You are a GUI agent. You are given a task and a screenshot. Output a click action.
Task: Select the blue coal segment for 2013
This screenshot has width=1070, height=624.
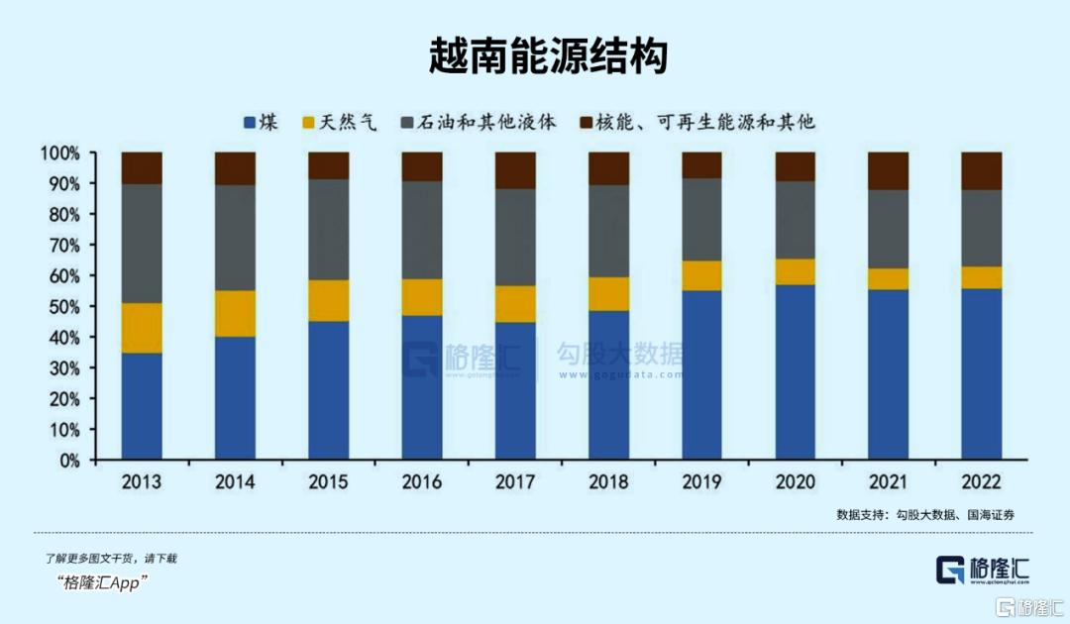142,406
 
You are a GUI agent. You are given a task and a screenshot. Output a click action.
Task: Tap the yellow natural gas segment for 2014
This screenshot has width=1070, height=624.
235,313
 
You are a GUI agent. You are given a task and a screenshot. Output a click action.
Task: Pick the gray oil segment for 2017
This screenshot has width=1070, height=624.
515,237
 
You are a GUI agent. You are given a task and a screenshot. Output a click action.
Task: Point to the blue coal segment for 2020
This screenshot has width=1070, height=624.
795,372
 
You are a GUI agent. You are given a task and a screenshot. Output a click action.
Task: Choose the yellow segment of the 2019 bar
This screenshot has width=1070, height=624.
701,275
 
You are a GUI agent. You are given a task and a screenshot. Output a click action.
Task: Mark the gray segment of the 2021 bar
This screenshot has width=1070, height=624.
888,229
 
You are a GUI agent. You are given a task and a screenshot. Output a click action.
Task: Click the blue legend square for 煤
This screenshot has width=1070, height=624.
251,123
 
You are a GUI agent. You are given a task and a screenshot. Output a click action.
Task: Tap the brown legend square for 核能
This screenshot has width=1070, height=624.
587,123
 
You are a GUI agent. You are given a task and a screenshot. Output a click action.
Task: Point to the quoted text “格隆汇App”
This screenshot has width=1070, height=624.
103,582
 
